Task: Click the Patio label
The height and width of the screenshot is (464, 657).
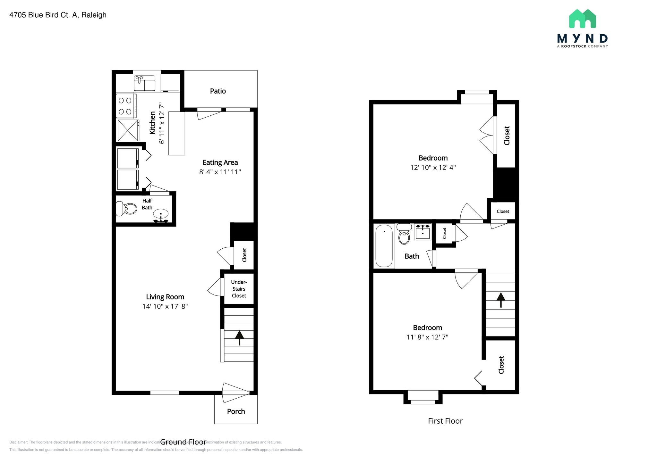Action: pyautogui.click(x=218, y=91)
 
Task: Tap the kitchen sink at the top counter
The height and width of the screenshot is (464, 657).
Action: pyautogui.click(x=144, y=83)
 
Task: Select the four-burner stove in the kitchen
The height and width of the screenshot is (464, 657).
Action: pyautogui.click(x=125, y=106)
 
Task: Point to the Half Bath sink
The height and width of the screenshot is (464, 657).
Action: pyautogui.click(x=160, y=214)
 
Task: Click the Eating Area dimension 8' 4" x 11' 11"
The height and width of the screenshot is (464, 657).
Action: pyautogui.click(x=220, y=172)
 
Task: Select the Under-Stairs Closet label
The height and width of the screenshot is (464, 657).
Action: pyautogui.click(x=239, y=289)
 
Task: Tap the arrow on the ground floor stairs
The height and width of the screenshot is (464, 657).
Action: pyautogui.click(x=239, y=337)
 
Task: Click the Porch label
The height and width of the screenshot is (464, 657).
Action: pyautogui.click(x=236, y=411)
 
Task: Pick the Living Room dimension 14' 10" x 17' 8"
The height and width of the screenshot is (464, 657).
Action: pyautogui.click(x=165, y=306)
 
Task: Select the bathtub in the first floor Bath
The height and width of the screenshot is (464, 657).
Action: pyautogui.click(x=384, y=246)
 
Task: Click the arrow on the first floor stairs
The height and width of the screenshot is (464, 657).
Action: pyautogui.click(x=501, y=300)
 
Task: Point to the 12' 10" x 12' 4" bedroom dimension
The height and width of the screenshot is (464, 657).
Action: pyautogui.click(x=433, y=167)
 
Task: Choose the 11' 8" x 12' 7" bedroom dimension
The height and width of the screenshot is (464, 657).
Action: pyautogui.click(x=427, y=337)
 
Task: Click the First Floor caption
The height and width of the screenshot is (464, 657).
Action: pyautogui.click(x=445, y=421)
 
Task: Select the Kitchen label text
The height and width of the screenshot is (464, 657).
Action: pyautogui.click(x=152, y=123)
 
